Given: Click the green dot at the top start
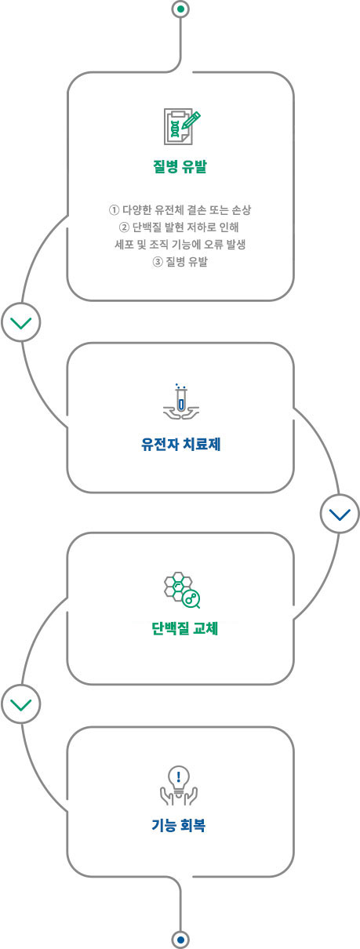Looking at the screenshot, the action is coord(181,9).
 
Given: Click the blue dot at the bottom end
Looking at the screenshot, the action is coord(181,940).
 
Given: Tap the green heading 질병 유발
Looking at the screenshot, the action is coord(180,166).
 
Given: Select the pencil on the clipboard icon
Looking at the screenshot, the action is coord(191,120).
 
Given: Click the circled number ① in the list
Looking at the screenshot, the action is coord(114,209).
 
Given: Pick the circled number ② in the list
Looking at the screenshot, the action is coord(124,227).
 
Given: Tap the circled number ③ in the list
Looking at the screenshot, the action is coord(157,262).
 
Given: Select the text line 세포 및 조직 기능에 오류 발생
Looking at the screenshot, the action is coord(180,245).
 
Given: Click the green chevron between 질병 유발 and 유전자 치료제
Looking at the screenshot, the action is coord(20,323).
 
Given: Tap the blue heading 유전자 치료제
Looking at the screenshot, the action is coord(181,445).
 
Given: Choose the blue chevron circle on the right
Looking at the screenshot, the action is coord(340,514).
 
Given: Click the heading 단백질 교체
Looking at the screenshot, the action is coord(184,628).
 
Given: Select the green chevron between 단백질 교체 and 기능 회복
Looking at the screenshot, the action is coord(20,704).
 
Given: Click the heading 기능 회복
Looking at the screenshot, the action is coord(179,825).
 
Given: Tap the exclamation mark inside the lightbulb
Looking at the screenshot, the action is coord(179,776).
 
